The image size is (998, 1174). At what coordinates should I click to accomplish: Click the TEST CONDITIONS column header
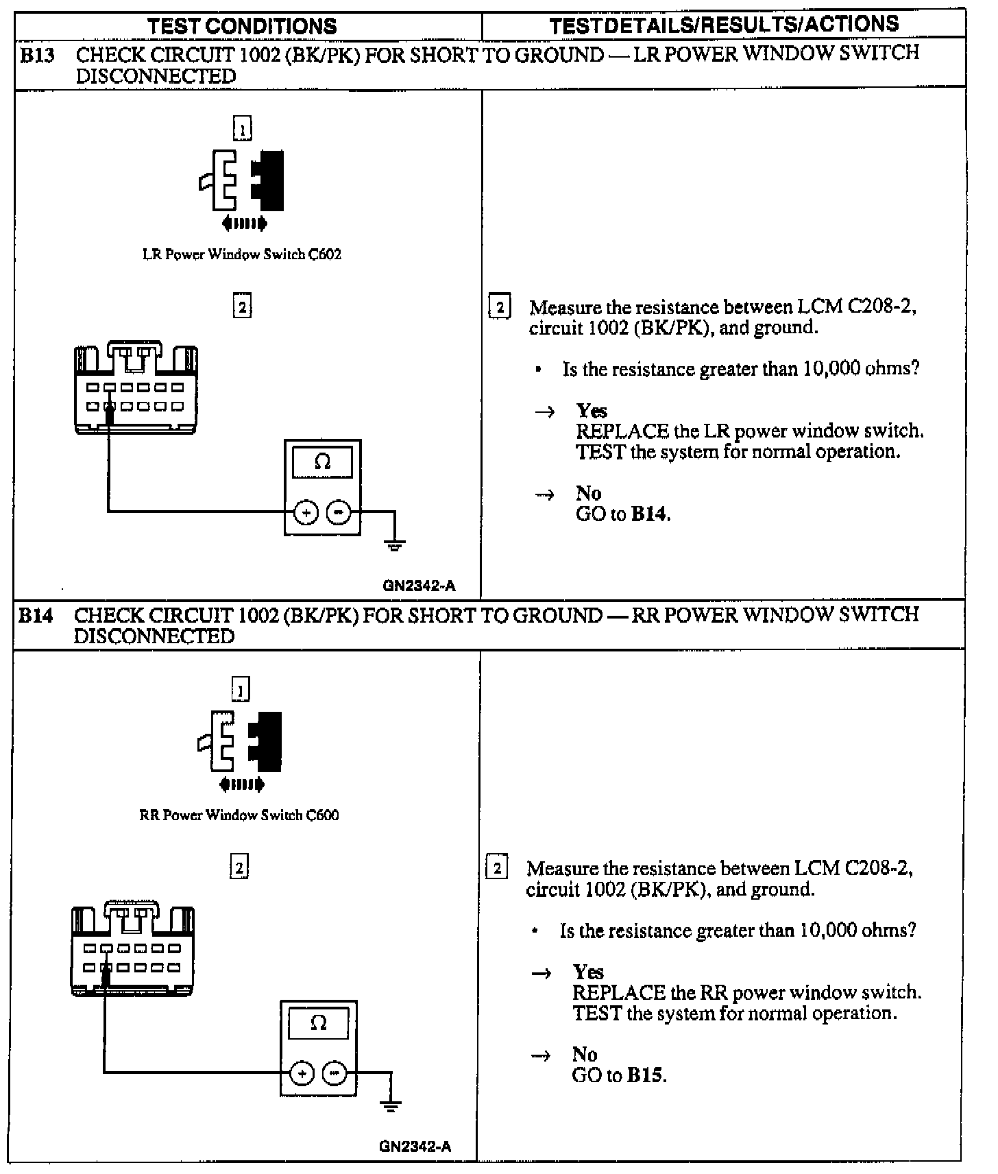point(242,26)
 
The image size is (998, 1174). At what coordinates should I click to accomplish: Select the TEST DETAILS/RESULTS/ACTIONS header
point(724,25)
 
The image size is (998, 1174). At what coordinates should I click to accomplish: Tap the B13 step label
point(36,55)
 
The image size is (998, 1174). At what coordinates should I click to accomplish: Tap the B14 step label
point(35,615)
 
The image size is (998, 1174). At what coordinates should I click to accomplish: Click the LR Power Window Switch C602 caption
point(241,254)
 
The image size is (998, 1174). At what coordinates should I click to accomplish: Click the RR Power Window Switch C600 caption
point(239,815)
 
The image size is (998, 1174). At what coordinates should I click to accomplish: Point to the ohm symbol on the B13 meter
point(322,462)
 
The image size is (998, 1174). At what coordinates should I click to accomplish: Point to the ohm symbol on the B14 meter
point(318,1023)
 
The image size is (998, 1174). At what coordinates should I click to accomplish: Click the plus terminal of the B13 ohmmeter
point(306,512)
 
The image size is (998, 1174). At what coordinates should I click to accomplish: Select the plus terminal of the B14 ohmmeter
point(302,1073)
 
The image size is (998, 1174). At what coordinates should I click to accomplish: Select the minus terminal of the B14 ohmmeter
point(334,1073)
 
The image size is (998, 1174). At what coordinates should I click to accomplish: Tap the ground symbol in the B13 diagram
point(395,545)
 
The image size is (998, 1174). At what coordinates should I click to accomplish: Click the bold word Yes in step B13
point(592,411)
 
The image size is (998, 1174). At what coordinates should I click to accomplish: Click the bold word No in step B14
point(585,1054)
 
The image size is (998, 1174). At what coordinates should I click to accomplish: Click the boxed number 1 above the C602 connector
point(243,128)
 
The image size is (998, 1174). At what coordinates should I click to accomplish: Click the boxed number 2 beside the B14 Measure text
point(496,868)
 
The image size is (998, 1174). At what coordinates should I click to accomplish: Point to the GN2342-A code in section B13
point(419,586)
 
